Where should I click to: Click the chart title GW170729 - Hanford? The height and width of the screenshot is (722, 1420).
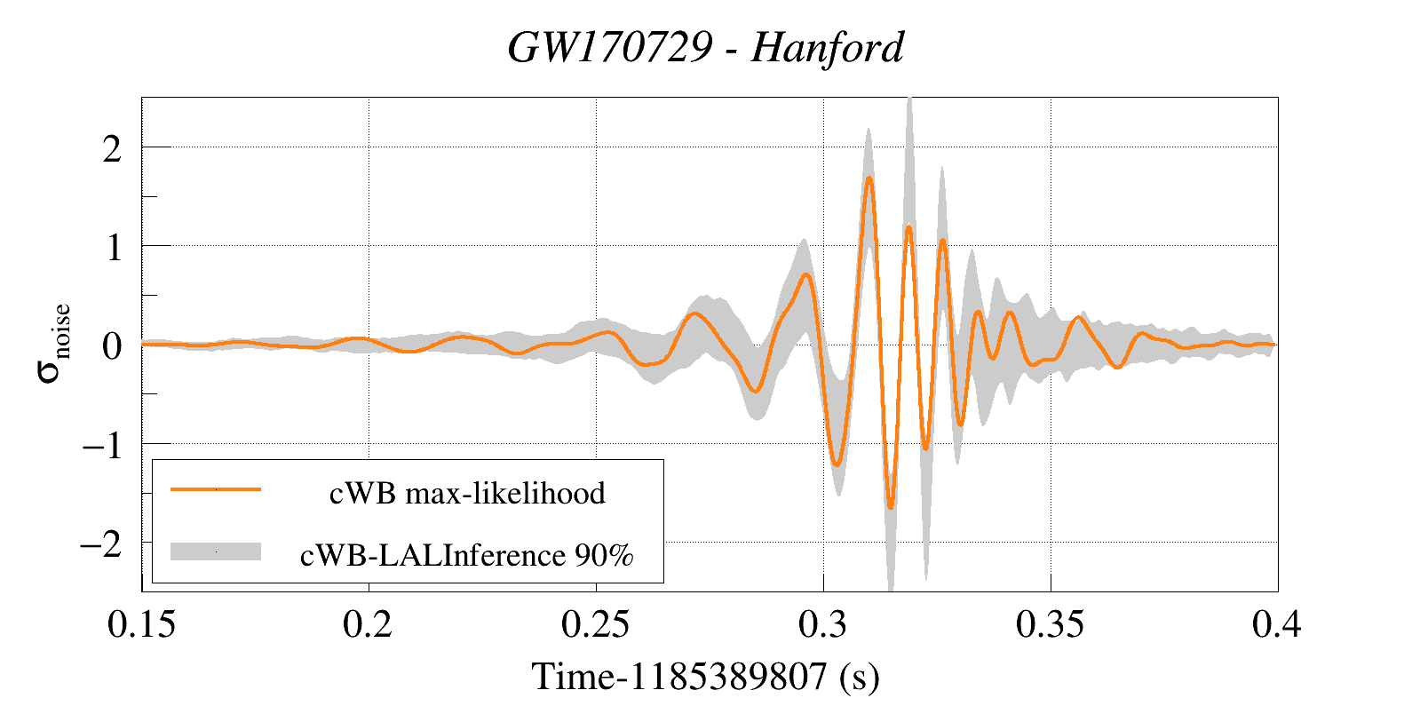[x=706, y=47]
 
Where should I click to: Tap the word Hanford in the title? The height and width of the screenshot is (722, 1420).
[x=827, y=47]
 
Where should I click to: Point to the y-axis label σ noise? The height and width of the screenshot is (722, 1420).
[x=53, y=343]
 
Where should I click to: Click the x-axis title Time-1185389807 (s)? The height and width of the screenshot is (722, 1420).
[x=705, y=677]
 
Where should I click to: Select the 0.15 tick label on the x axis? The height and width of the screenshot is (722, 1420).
[x=141, y=624]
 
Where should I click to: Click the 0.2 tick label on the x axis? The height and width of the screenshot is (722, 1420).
[x=368, y=624]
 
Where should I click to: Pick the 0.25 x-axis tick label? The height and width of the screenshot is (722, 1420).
[x=595, y=624]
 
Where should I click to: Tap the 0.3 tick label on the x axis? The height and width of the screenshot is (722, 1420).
[x=822, y=624]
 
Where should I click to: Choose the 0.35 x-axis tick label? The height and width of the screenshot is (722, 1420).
[x=1050, y=624]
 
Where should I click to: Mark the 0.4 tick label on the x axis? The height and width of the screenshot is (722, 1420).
[x=1276, y=624]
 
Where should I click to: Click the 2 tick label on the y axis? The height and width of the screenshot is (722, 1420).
[x=112, y=149]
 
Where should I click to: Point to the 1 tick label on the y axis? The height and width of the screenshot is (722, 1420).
[x=113, y=248]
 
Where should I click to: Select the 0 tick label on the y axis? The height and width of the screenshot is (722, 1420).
[x=112, y=346]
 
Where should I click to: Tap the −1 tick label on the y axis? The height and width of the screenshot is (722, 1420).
[x=102, y=445]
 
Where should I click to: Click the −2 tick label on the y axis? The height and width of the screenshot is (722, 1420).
[x=102, y=543]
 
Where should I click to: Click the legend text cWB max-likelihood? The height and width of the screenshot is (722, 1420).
[x=467, y=493]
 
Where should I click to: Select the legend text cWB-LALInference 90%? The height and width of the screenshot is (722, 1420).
[x=467, y=555]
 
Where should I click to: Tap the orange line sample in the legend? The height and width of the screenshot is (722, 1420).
[x=216, y=489]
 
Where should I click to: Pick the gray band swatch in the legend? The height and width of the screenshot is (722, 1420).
[x=216, y=551]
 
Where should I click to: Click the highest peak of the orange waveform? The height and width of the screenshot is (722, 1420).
[x=869, y=179]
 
